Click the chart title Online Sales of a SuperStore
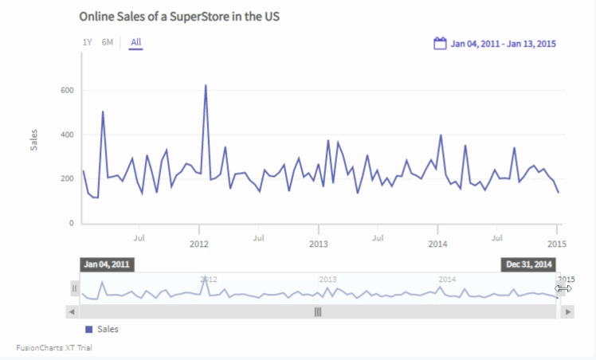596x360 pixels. point(179,16)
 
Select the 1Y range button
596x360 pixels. point(87,42)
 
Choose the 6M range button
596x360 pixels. point(107,42)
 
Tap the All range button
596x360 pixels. point(136,42)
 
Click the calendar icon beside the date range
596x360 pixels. point(440,43)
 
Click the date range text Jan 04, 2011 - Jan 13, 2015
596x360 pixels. point(503,44)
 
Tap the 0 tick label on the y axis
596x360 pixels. point(72,223)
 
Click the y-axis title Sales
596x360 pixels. point(33,139)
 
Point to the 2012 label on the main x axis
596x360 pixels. point(199,242)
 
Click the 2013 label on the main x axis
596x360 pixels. point(319,242)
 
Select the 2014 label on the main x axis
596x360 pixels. point(437,242)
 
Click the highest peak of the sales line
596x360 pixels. point(206,85)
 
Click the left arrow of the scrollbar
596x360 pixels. point(73,311)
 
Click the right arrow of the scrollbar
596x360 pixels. point(567,311)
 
